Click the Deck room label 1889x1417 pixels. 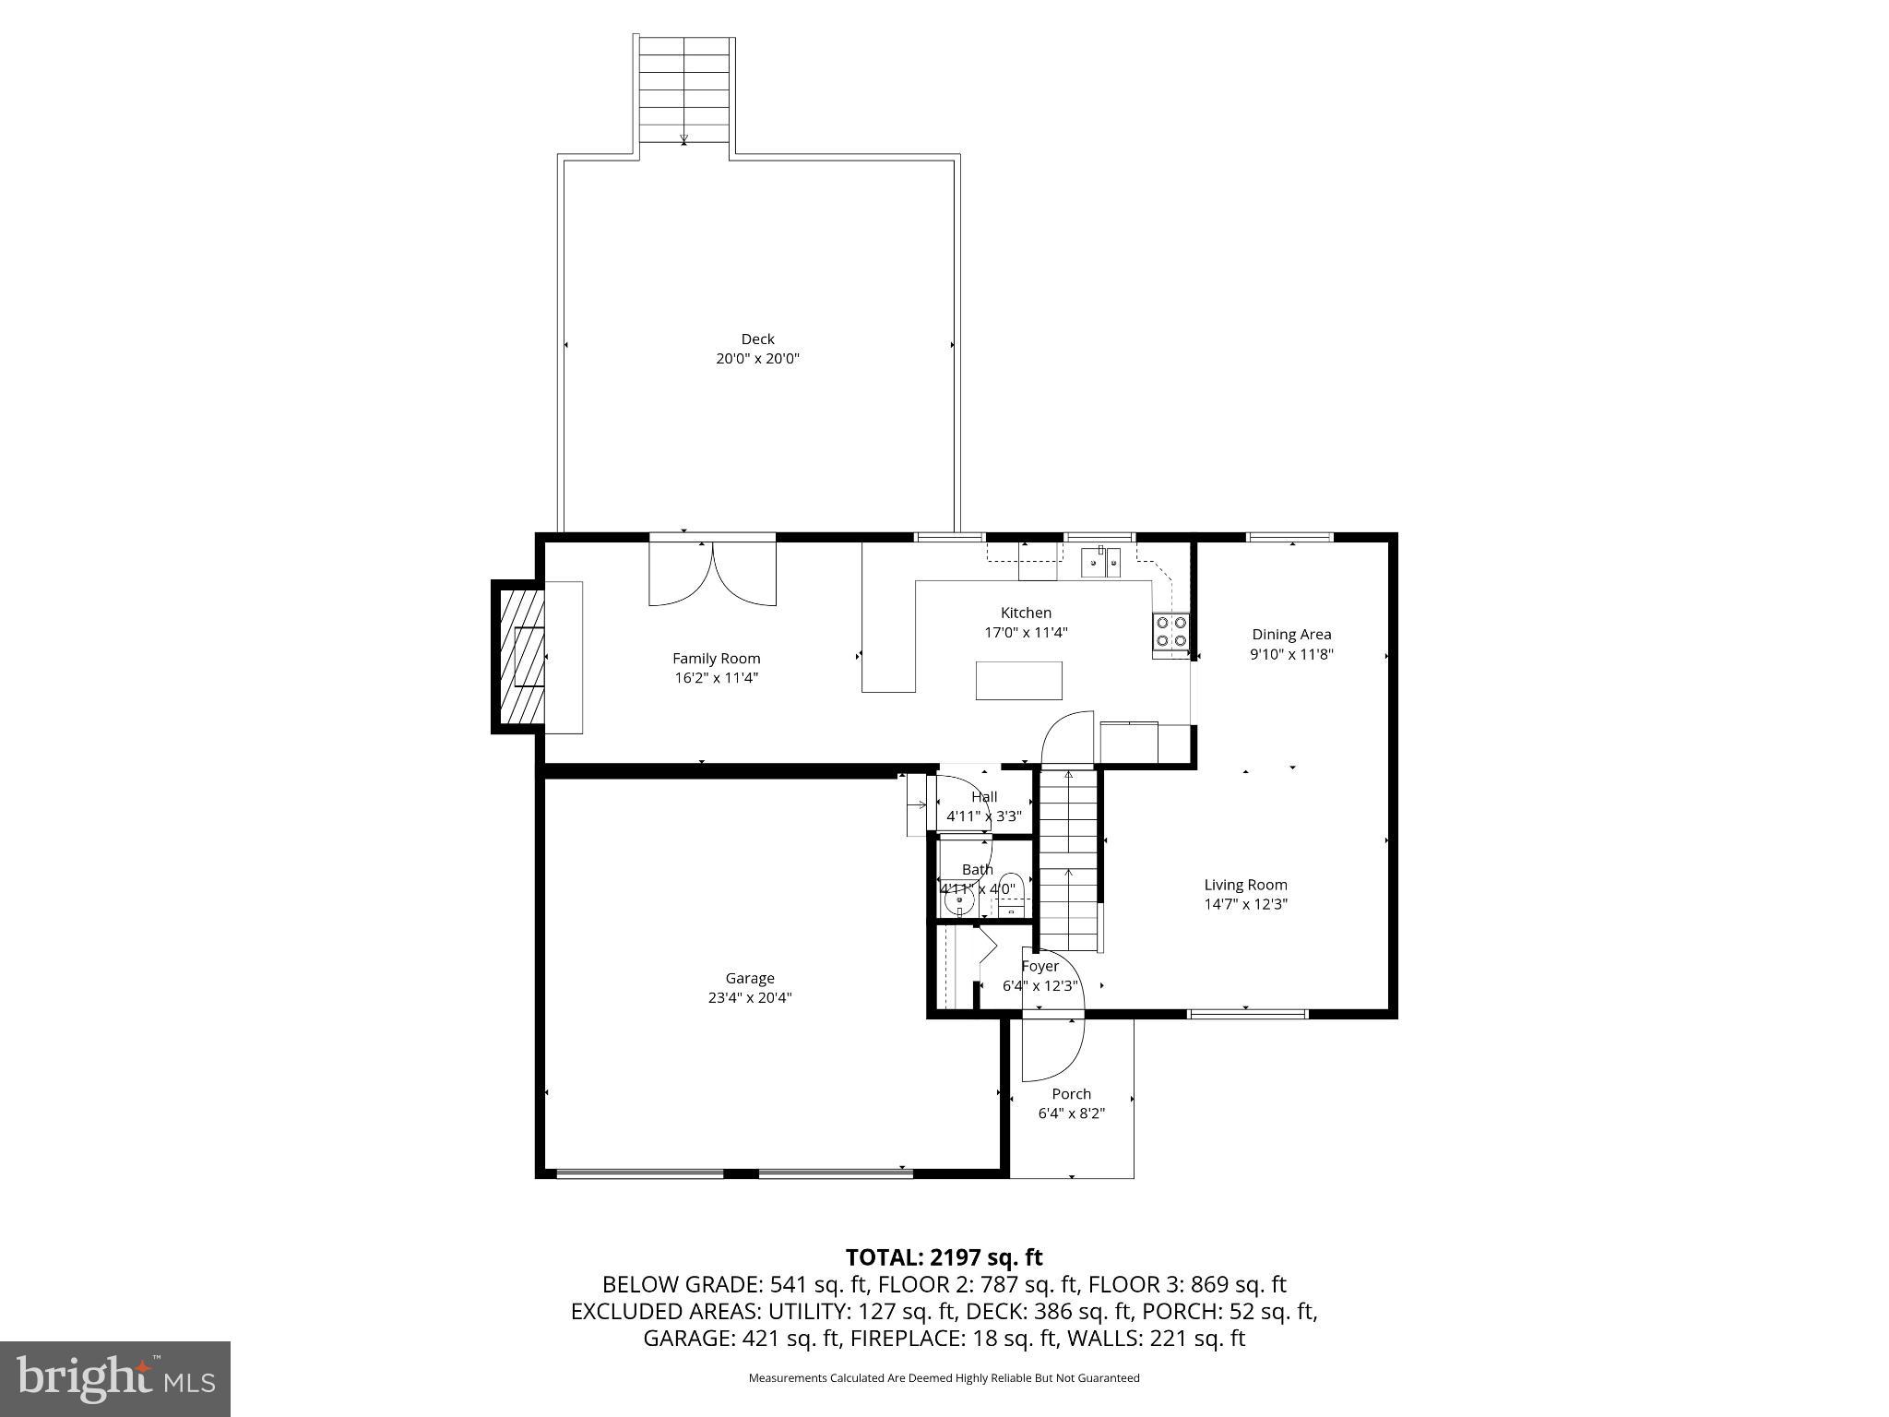pos(757,339)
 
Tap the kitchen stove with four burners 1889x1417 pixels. pos(1170,632)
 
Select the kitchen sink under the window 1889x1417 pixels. pos(1100,562)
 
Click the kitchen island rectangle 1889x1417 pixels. pos(1018,681)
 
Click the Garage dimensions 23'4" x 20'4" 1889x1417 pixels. pos(749,997)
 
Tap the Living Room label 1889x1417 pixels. pos(1245,885)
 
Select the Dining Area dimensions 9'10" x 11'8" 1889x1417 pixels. pos(1291,654)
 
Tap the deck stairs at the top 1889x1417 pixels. pos(684,89)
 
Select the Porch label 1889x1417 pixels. pos(1071,1094)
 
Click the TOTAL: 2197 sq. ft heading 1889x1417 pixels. pos(944,1257)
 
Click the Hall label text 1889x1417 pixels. pos(984,797)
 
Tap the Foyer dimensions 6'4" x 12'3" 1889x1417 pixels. pos(1040,985)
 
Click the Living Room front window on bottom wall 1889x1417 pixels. pos(1247,1014)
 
